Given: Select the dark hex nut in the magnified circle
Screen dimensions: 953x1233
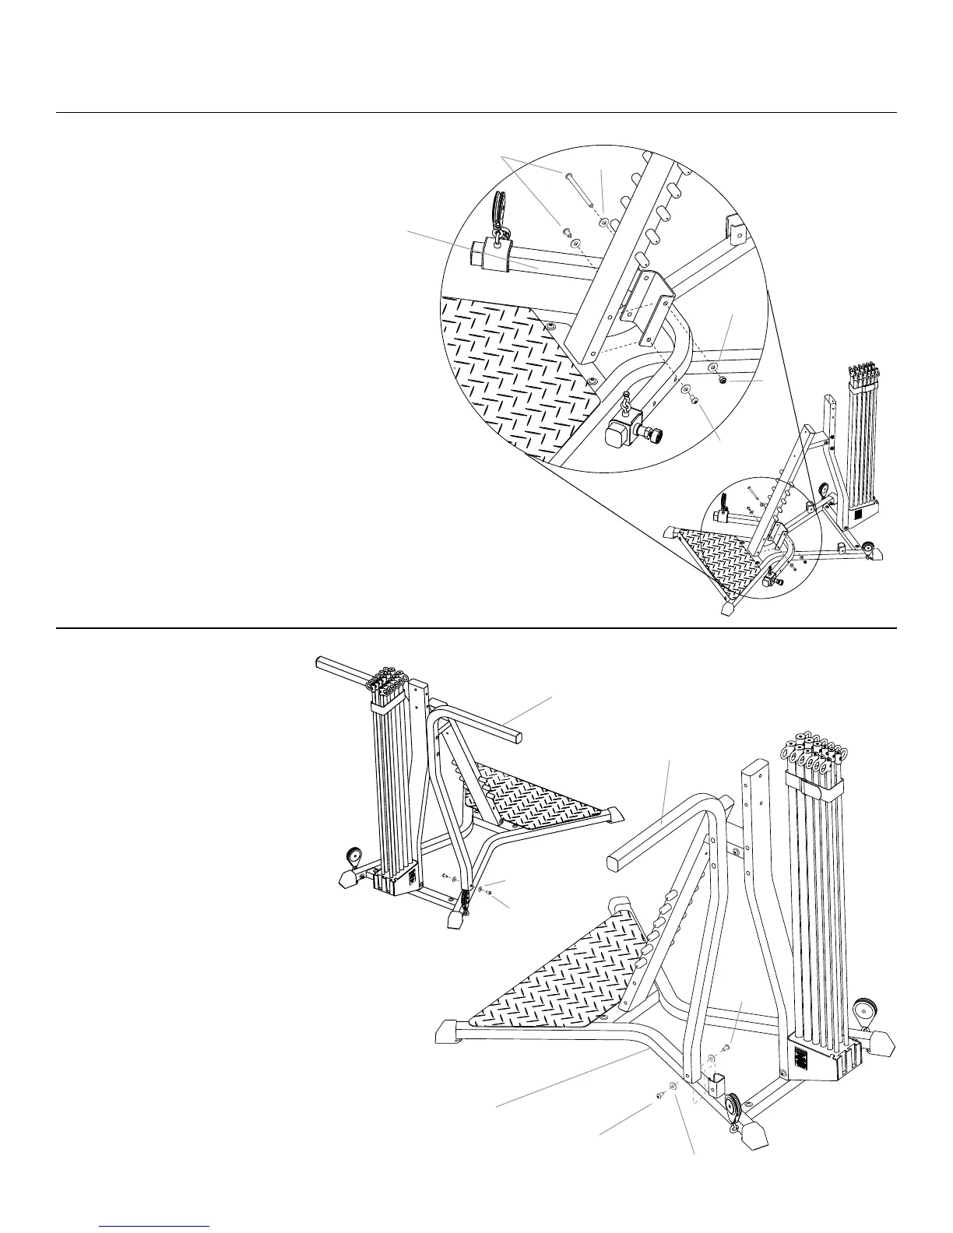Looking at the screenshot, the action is (x=722, y=381).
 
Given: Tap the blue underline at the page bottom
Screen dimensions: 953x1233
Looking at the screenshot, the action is (x=155, y=1227).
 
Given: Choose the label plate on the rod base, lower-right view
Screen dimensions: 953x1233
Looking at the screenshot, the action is (x=801, y=1060).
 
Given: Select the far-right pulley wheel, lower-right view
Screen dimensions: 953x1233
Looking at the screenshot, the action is (x=864, y=1014).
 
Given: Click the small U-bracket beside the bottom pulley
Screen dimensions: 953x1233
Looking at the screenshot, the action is (x=717, y=1084).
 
